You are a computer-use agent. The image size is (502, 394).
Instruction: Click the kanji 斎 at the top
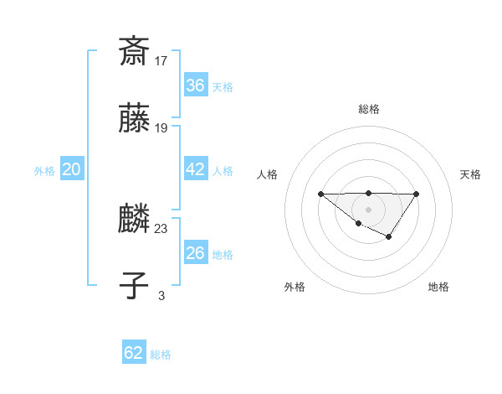(x=134, y=51)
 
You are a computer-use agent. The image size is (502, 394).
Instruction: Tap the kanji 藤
(x=134, y=120)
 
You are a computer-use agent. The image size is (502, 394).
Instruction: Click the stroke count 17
(x=161, y=60)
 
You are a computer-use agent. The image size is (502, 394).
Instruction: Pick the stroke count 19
(x=161, y=128)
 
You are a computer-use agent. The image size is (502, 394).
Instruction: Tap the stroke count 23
(x=161, y=228)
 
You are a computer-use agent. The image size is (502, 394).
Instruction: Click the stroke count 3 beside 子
(x=161, y=295)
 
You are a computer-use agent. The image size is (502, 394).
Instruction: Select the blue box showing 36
(x=196, y=86)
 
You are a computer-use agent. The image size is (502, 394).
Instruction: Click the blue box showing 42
(x=196, y=169)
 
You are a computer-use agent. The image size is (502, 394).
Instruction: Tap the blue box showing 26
(x=196, y=253)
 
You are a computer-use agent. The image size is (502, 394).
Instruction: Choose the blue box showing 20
(x=72, y=169)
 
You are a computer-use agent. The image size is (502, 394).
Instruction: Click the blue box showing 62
(x=134, y=353)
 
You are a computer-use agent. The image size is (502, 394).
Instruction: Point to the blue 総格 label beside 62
(x=161, y=355)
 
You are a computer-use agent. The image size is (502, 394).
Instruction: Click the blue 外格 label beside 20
(x=44, y=171)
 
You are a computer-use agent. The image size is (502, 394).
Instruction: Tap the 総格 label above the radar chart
(x=369, y=109)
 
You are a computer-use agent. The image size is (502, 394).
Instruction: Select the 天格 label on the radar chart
(x=470, y=174)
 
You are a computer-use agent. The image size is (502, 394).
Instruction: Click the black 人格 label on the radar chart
(x=267, y=174)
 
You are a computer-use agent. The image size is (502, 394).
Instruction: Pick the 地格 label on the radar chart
(x=438, y=287)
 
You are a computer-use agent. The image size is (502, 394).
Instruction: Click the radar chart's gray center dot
(x=369, y=209)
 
